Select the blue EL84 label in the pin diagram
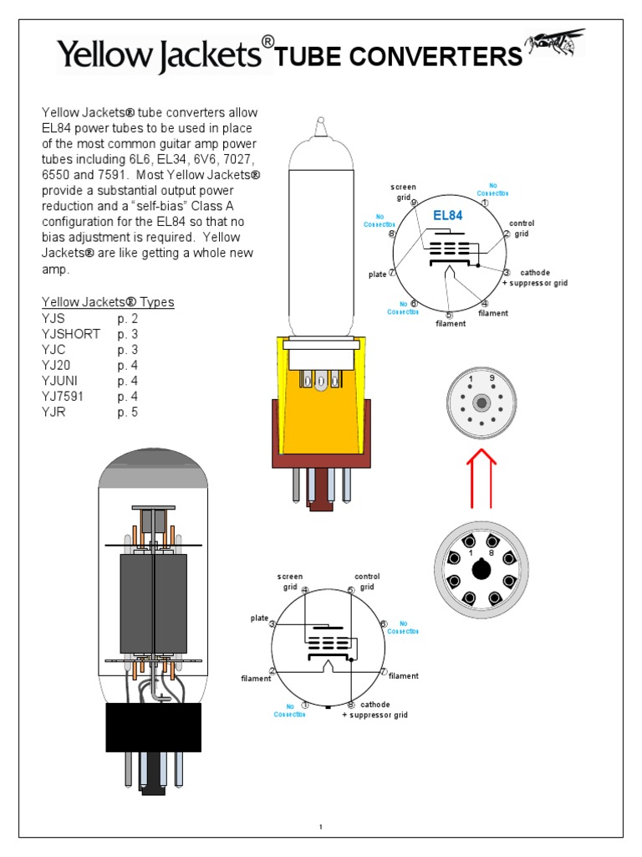click(447, 215)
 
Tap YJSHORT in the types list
click(71, 334)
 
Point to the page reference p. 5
click(128, 412)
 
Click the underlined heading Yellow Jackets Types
click(108, 302)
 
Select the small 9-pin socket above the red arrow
click(480, 403)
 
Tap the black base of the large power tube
click(153, 726)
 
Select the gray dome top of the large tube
click(153, 470)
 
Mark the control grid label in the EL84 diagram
click(522, 229)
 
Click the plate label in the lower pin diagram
click(259, 618)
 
